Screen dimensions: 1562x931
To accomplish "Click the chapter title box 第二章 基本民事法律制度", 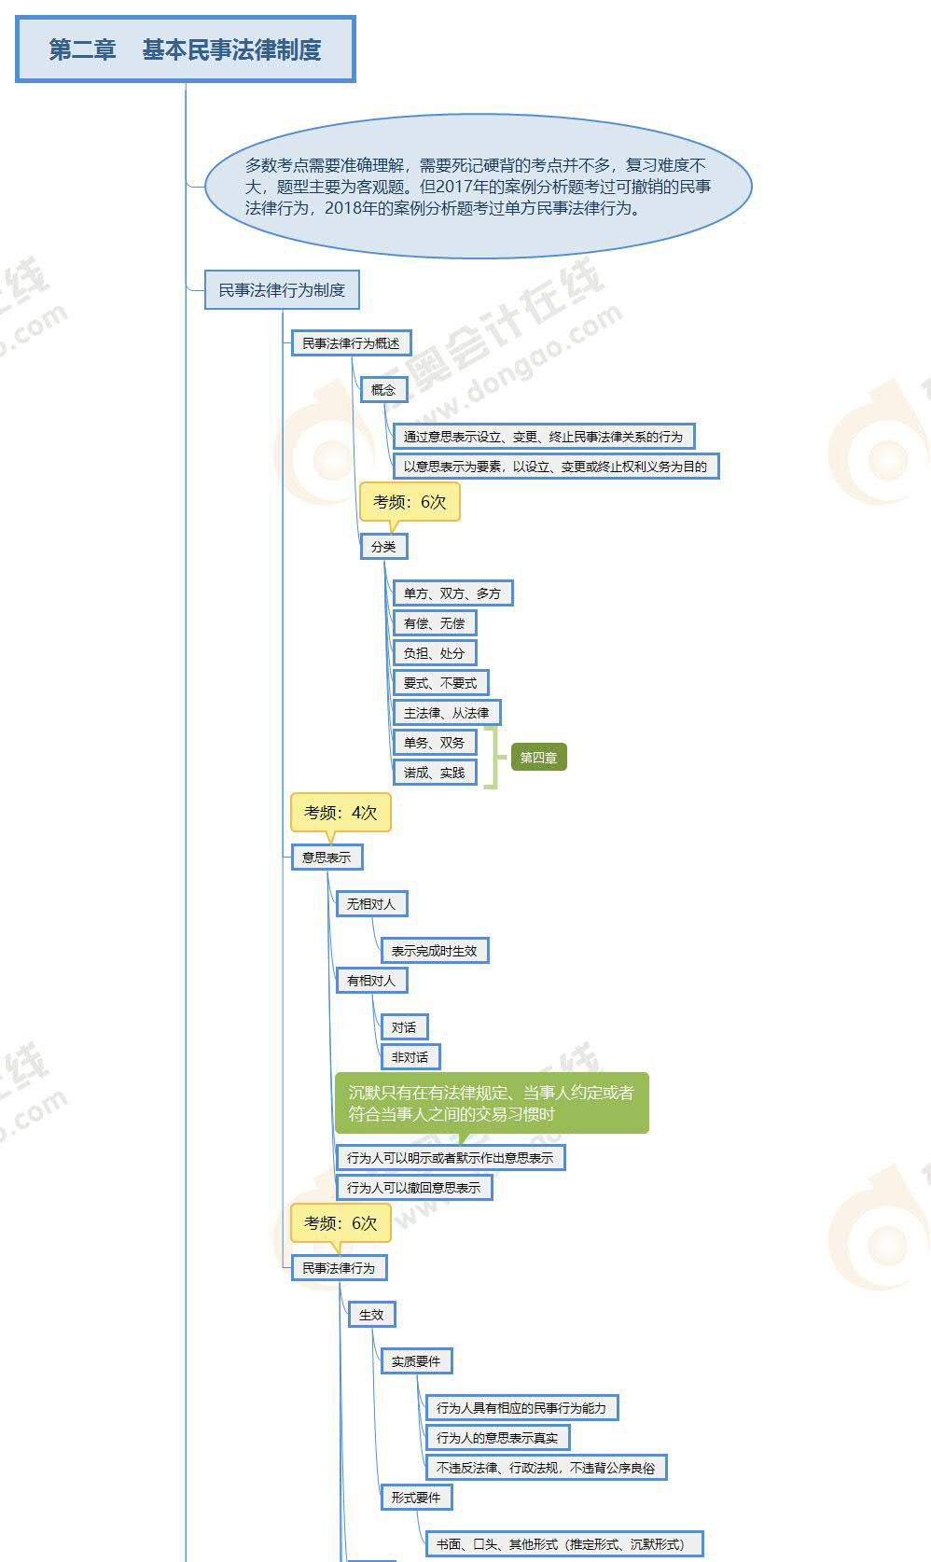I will point(186,49).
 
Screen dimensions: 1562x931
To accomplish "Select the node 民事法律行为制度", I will point(282,290).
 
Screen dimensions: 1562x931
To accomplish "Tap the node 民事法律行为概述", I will point(351,343).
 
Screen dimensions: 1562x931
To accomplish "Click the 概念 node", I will point(383,390).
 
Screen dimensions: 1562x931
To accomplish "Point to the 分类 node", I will point(383,547).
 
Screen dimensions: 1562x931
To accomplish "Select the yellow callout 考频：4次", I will point(340,813).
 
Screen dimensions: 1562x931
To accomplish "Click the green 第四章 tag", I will point(538,758).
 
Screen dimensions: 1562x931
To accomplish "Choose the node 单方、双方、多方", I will point(452,593).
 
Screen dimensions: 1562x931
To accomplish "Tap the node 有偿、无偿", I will point(434,623).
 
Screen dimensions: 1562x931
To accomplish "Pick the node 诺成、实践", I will point(434,773).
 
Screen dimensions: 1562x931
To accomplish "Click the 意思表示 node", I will point(327,858).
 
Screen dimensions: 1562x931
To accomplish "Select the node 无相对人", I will point(371,904).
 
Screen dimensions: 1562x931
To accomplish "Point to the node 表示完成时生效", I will point(434,951).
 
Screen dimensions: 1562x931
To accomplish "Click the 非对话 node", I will point(410,1057).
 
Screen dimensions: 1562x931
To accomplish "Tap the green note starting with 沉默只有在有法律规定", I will point(492,1103).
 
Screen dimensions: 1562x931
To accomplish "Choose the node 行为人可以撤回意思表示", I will point(414,1188).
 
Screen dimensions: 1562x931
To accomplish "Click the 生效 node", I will point(371,1315).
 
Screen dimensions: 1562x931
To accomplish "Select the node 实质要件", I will point(416,1361).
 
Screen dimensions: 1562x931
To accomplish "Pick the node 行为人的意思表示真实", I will point(497,1438).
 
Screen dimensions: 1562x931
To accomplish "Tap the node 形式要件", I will point(416,1498).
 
